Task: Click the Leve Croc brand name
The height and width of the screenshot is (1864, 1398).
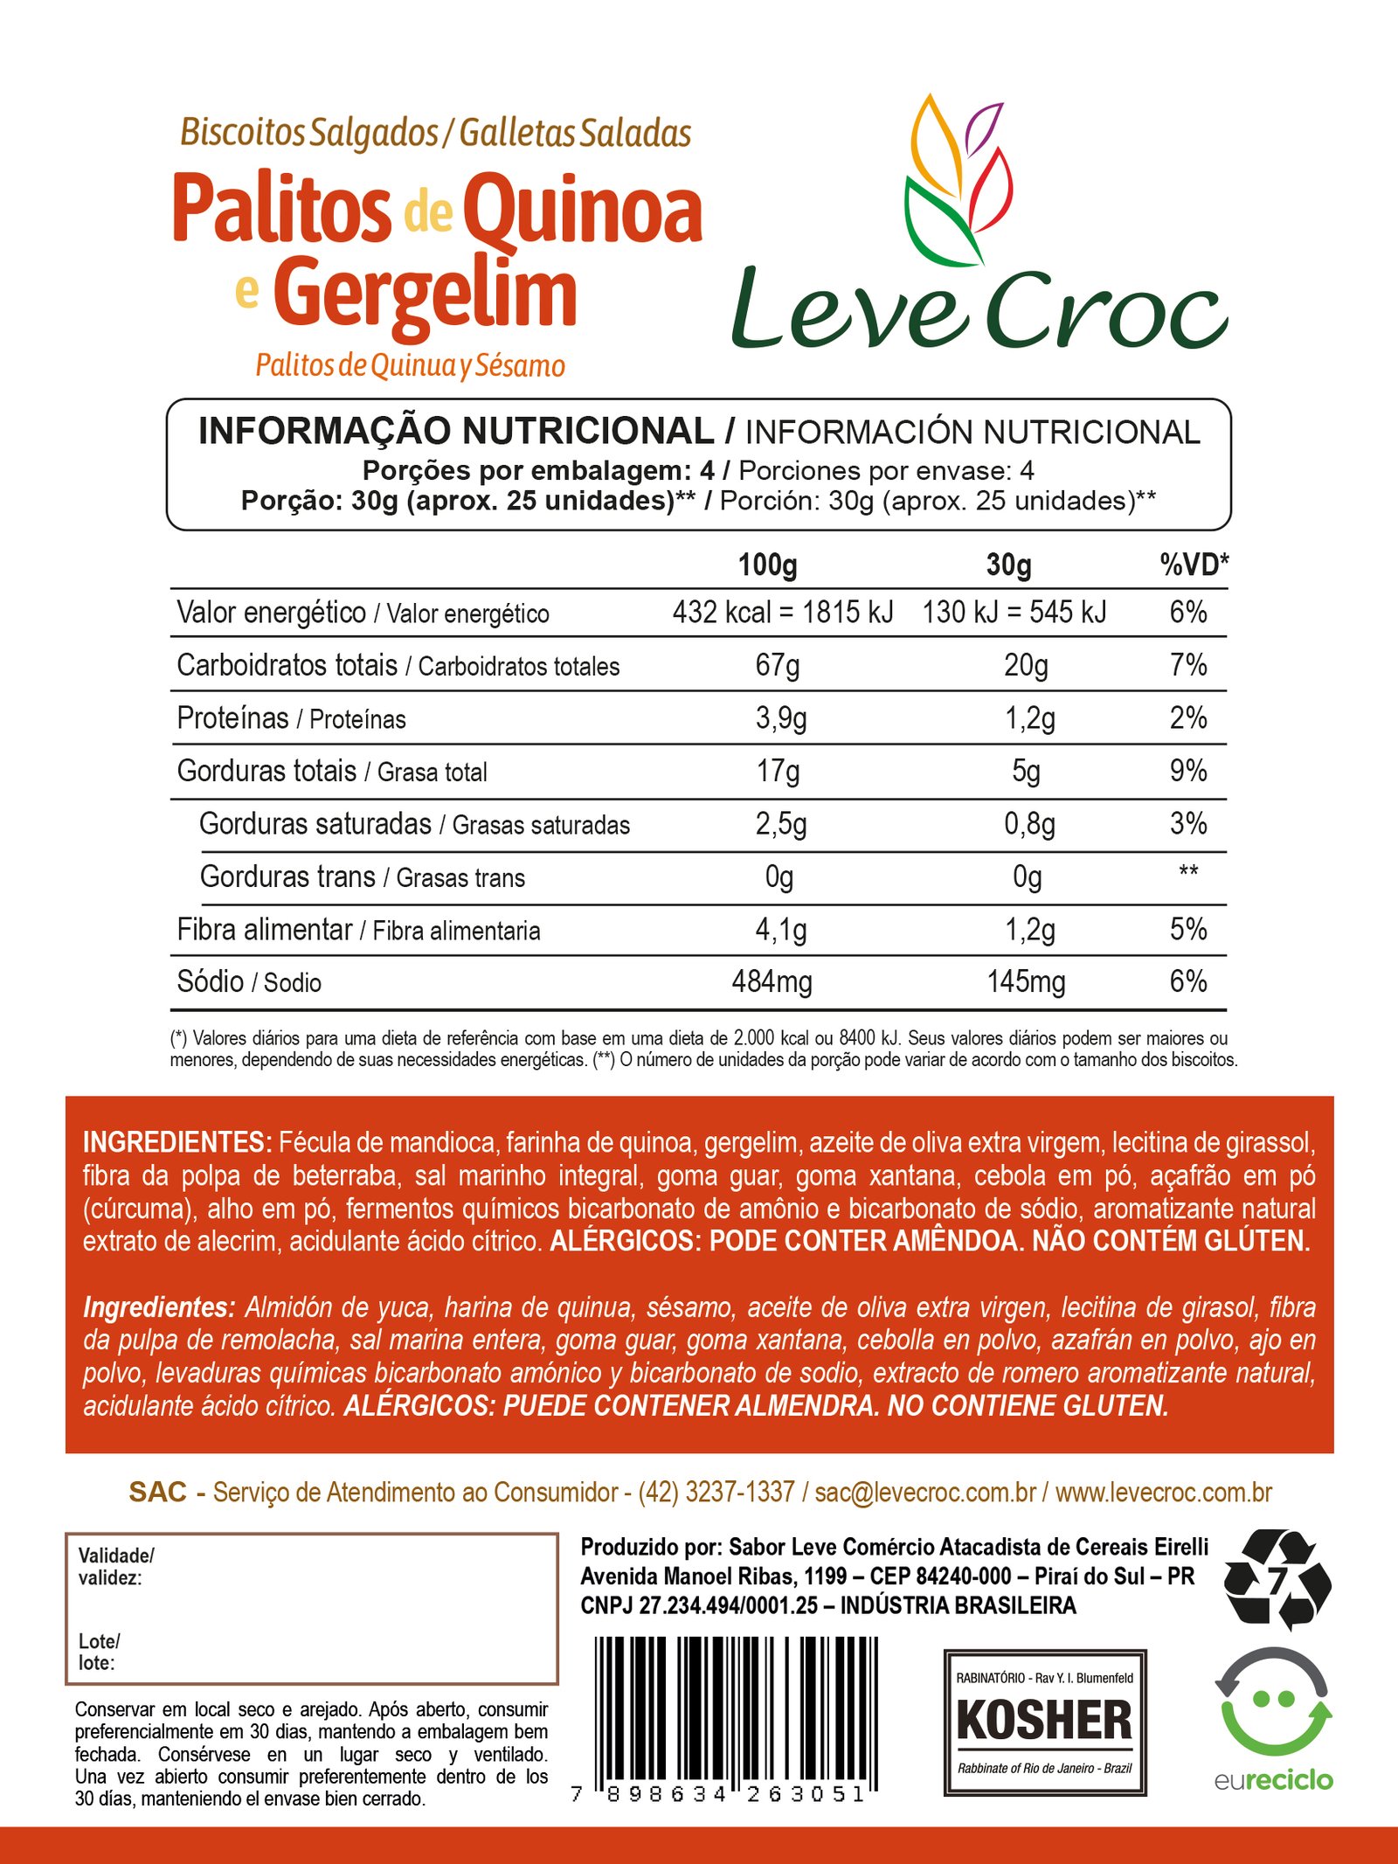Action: point(979,310)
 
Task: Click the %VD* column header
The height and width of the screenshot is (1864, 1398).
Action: point(1194,565)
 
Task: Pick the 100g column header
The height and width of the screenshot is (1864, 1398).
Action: point(767,565)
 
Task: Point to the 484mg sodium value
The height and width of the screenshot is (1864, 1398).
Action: point(772,981)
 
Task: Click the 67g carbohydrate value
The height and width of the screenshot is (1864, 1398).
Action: point(778,665)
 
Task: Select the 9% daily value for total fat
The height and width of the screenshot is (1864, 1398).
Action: point(1188,771)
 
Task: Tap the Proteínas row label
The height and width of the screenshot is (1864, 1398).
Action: point(232,718)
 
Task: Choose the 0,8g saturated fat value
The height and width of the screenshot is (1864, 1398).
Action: point(1029,824)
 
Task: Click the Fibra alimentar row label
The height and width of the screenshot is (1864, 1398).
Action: point(264,930)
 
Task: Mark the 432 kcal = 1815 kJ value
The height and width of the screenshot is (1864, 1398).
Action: point(783,613)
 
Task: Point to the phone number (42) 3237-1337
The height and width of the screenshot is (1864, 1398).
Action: point(716,1492)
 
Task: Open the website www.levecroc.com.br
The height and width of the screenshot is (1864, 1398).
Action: point(1163,1492)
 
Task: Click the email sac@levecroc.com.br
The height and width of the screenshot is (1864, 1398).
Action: point(925,1492)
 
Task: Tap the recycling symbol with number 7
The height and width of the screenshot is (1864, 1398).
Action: point(1277,1579)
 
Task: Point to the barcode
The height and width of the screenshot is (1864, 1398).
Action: point(736,1713)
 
